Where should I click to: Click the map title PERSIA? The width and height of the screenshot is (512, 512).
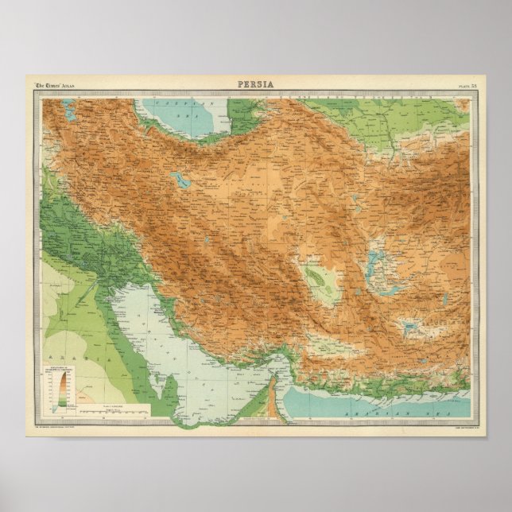coord(256,84)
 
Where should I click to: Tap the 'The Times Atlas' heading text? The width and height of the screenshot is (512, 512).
coord(58,85)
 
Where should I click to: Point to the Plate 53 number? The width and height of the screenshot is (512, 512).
coord(467,85)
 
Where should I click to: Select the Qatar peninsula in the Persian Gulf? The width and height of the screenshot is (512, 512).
coord(168,389)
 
